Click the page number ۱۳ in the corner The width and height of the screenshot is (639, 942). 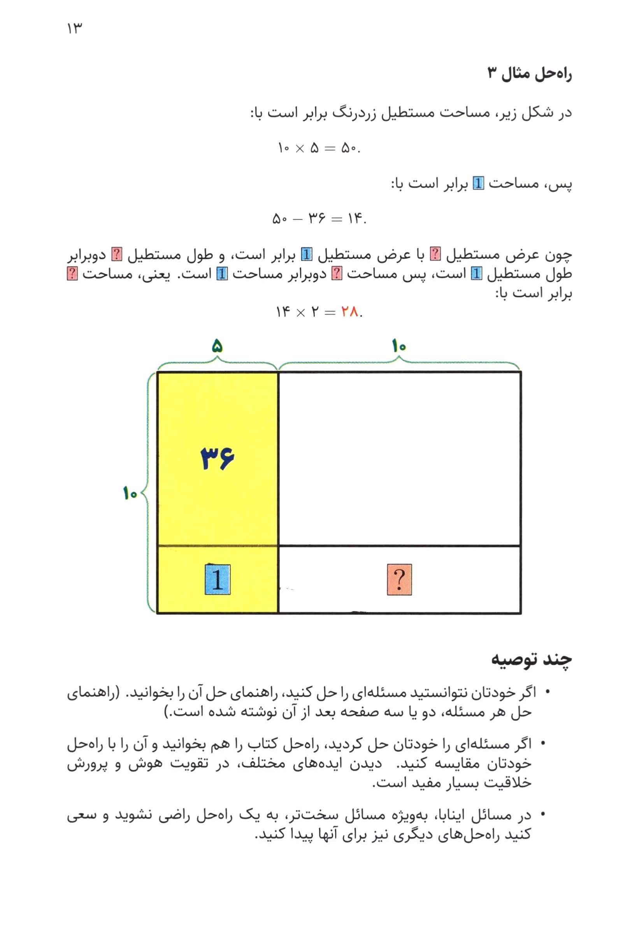tap(75, 29)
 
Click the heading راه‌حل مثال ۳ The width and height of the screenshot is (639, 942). tap(529, 74)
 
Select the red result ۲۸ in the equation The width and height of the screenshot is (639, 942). tap(350, 312)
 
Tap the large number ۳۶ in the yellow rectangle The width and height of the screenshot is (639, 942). tap(218, 458)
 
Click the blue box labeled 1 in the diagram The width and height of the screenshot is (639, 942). tap(218, 579)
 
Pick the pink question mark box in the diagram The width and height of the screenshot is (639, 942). tap(399, 579)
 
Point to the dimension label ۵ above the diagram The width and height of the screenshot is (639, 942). tap(217, 346)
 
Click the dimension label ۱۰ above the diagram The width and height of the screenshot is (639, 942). tap(399, 346)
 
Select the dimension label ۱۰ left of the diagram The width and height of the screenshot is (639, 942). tap(130, 493)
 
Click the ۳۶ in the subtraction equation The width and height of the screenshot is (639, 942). tap(317, 219)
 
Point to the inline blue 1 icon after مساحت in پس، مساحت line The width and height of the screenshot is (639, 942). tap(479, 184)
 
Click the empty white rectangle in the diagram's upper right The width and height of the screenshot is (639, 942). tap(399, 459)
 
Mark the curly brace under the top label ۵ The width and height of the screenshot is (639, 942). tap(217, 362)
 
